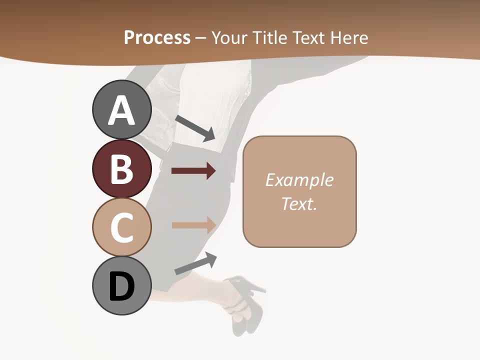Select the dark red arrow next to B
[193, 171]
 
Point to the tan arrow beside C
[193, 225]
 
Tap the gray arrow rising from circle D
[195, 263]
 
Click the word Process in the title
[157, 37]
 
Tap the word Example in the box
[299, 180]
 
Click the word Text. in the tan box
[299, 203]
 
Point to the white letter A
[121, 111]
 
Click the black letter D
[121, 287]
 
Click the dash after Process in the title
[201, 38]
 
